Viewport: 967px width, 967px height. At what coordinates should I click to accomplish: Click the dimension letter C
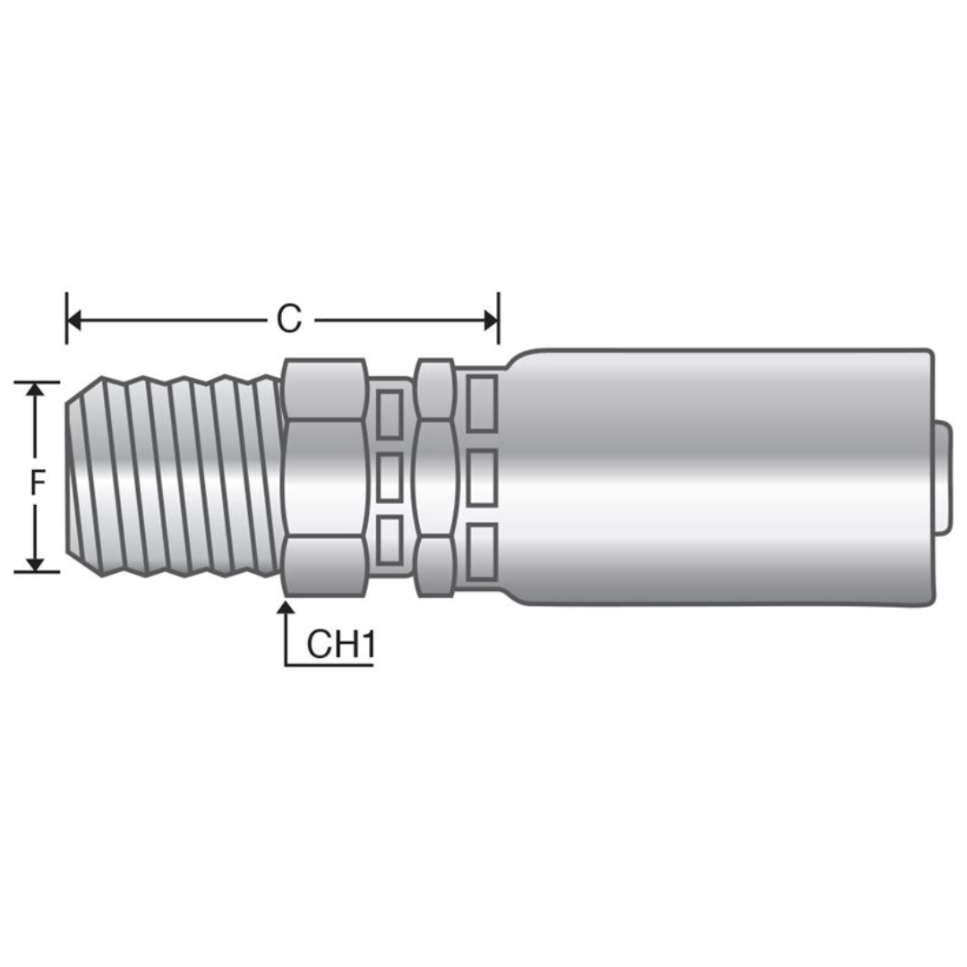tap(289, 320)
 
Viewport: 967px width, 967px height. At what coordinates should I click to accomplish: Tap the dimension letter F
tap(37, 483)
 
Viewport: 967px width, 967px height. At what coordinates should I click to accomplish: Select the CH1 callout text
tap(339, 644)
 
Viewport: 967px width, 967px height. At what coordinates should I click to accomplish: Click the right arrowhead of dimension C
tap(491, 320)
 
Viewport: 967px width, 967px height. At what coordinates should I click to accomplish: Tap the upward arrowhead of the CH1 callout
tap(286, 610)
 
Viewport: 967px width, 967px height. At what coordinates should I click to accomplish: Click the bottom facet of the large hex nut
tap(324, 565)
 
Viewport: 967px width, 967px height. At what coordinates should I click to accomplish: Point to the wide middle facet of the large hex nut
tap(324, 477)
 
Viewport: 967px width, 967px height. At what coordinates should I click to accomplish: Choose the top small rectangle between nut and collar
tap(389, 414)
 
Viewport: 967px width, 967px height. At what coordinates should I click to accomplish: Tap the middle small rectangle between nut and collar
tap(389, 477)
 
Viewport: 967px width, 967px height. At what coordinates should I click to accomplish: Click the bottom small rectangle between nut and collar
tap(389, 541)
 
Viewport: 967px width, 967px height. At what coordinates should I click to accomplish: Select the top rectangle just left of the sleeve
tap(482, 401)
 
